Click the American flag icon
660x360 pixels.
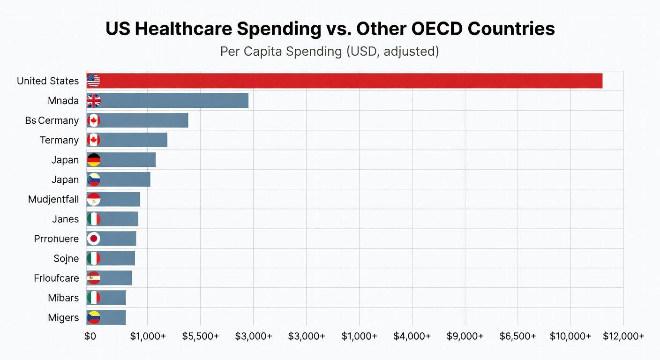94,81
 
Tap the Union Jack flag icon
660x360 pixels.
94,100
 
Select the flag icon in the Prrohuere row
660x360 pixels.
94,239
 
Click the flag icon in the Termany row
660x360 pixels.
94,140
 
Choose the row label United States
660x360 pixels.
48,81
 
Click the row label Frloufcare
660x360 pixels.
56,278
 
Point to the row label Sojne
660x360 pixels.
66,258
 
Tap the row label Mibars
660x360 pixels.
63,298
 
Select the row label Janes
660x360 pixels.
65,219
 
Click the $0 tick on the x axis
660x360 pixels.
90,336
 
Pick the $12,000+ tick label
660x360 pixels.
623,336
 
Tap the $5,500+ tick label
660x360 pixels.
201,336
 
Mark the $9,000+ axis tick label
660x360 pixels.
465,336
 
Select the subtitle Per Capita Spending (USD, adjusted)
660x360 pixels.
330,52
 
